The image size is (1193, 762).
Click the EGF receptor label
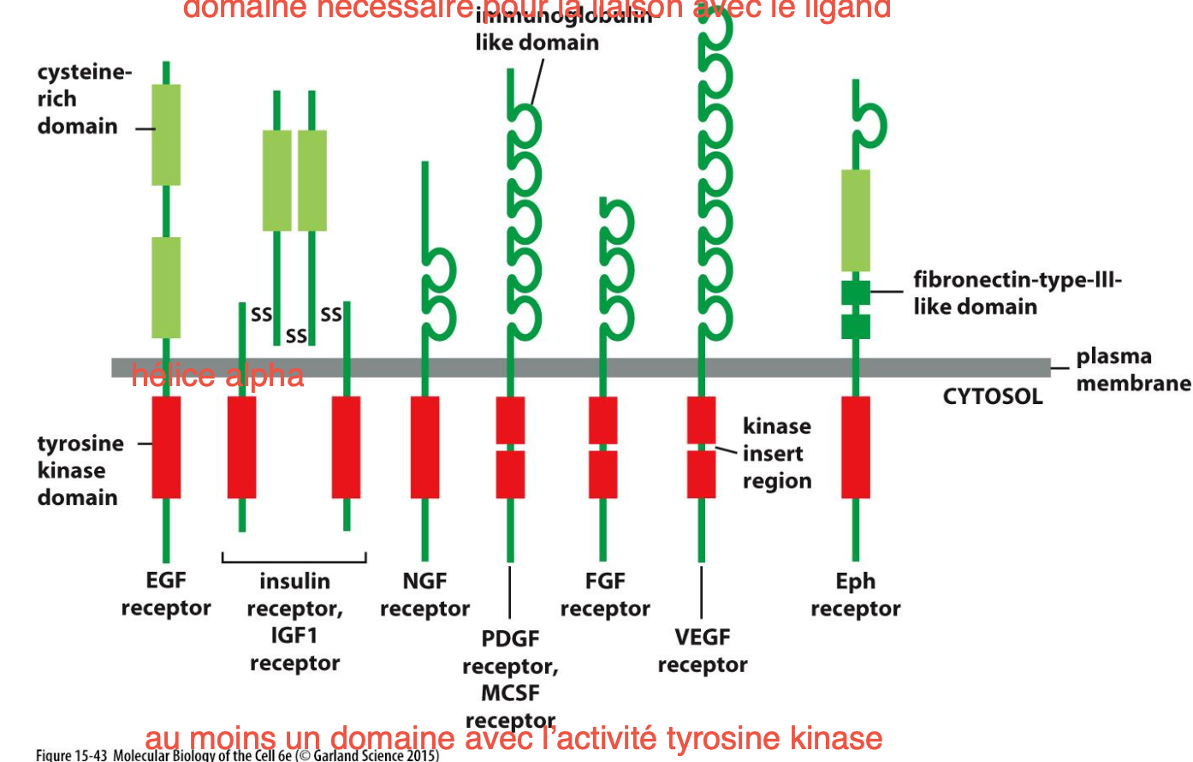(x=166, y=594)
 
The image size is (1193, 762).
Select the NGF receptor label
(x=424, y=595)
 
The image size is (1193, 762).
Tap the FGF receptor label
(x=605, y=595)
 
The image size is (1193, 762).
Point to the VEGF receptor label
(x=702, y=651)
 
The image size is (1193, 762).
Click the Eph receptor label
(x=855, y=595)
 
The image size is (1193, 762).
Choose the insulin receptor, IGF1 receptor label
(x=294, y=622)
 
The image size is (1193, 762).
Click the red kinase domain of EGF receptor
(x=166, y=447)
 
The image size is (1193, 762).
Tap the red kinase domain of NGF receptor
(x=424, y=447)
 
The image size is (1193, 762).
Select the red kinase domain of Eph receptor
(x=855, y=447)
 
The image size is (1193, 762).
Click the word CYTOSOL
(x=992, y=396)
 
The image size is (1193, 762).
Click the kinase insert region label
(x=776, y=454)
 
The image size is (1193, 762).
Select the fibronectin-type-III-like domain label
(x=1016, y=293)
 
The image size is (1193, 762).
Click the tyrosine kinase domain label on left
(x=80, y=470)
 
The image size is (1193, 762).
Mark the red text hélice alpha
(x=217, y=376)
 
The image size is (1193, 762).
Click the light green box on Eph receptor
(x=855, y=220)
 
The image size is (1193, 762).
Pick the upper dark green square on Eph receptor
(x=855, y=292)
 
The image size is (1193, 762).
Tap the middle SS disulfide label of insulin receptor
(x=296, y=335)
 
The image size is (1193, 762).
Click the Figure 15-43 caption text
(x=237, y=755)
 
